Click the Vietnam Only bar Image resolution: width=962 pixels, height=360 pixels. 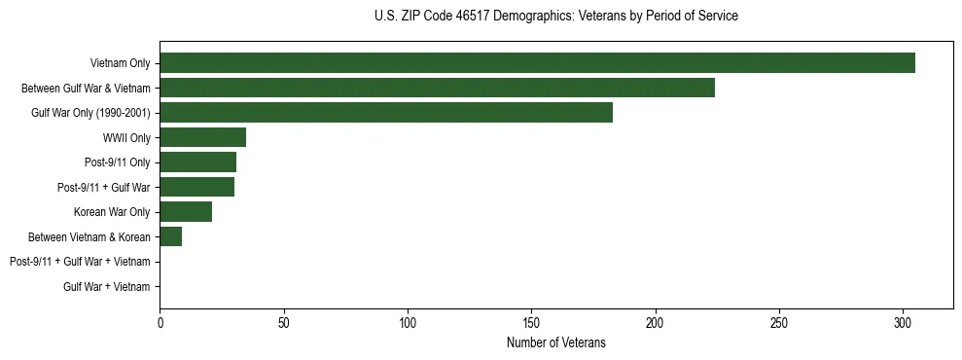click(537, 63)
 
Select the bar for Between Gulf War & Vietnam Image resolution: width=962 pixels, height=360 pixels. click(437, 88)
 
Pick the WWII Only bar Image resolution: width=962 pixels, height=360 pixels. click(202, 137)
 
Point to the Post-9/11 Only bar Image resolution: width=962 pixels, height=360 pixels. click(197, 162)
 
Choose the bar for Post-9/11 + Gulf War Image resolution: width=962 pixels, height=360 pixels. click(196, 187)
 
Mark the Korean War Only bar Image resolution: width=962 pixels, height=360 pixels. click(186, 212)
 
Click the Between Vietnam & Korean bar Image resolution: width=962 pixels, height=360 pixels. click(170, 236)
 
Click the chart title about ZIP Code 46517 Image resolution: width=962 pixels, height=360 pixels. click(555, 17)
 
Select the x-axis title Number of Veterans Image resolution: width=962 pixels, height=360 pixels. click(555, 342)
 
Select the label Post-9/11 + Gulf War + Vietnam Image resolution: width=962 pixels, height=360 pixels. click(80, 262)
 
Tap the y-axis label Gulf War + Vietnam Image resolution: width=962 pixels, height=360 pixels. click(107, 286)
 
